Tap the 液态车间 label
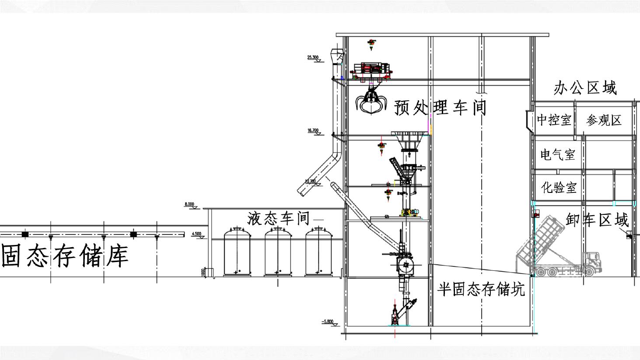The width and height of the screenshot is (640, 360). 279,218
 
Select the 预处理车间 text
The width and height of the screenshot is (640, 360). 440,107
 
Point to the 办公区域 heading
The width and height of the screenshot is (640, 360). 585,88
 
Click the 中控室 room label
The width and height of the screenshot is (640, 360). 554,120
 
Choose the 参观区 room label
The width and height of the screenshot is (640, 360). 604,120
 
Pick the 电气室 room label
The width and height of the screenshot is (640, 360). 557,154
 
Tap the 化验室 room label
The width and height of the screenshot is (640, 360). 559,188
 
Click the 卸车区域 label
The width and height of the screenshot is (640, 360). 597,219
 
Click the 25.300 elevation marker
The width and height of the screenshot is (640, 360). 313,57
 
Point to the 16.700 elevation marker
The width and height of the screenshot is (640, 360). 313,130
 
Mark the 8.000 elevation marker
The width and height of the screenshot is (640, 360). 190,204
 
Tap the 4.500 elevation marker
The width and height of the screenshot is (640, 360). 197,234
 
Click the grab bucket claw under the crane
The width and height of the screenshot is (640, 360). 372,102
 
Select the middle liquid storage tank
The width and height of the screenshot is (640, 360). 278,252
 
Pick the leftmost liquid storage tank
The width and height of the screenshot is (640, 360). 237,252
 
